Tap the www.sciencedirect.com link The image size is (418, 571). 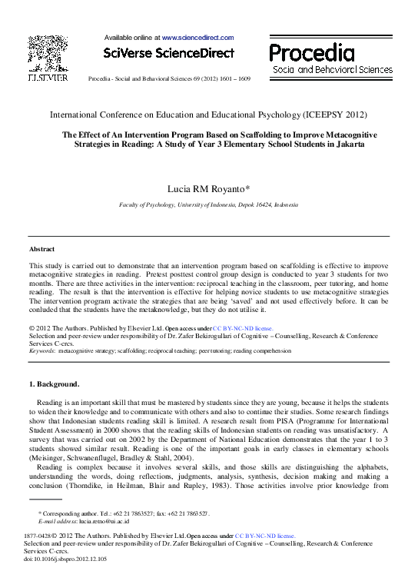[193, 37]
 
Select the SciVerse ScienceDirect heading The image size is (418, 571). [161, 53]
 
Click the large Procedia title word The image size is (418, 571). [311, 53]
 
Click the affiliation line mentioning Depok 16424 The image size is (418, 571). [209, 206]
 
